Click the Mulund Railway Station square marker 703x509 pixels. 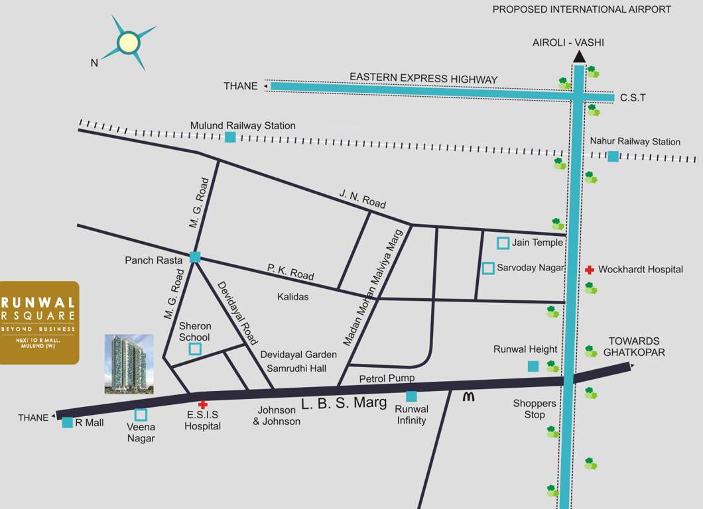point(230,137)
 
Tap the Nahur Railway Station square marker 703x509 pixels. point(613,156)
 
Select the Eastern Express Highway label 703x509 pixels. point(423,79)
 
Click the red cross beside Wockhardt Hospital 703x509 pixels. point(589,270)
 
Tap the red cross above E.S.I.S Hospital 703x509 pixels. point(203,404)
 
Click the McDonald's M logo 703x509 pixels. point(469,396)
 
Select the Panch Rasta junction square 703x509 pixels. point(195,257)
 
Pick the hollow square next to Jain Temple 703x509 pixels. point(503,243)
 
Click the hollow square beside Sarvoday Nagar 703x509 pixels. point(489,268)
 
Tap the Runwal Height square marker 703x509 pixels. point(533,366)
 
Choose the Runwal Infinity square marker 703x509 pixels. point(411,396)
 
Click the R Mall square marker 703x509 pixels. point(67,422)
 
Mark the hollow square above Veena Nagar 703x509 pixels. point(141,415)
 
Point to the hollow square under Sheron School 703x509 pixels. point(195,349)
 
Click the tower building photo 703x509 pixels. point(129,364)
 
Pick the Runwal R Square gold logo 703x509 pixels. point(39,322)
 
